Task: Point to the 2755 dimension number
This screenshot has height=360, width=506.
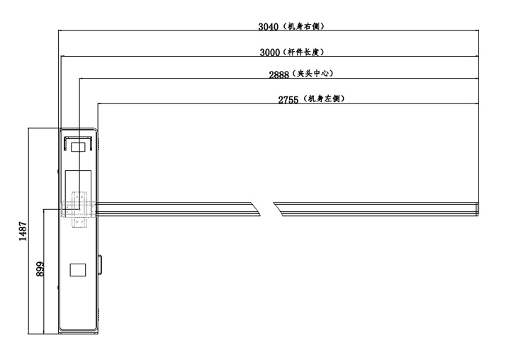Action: (289, 99)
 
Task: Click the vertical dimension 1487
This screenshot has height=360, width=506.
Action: (22, 231)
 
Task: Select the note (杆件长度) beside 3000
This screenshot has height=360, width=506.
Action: (308, 52)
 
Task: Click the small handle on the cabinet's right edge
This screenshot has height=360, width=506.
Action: (100, 264)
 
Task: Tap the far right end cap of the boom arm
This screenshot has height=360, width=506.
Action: (477, 207)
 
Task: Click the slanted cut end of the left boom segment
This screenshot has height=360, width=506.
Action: (257, 207)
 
